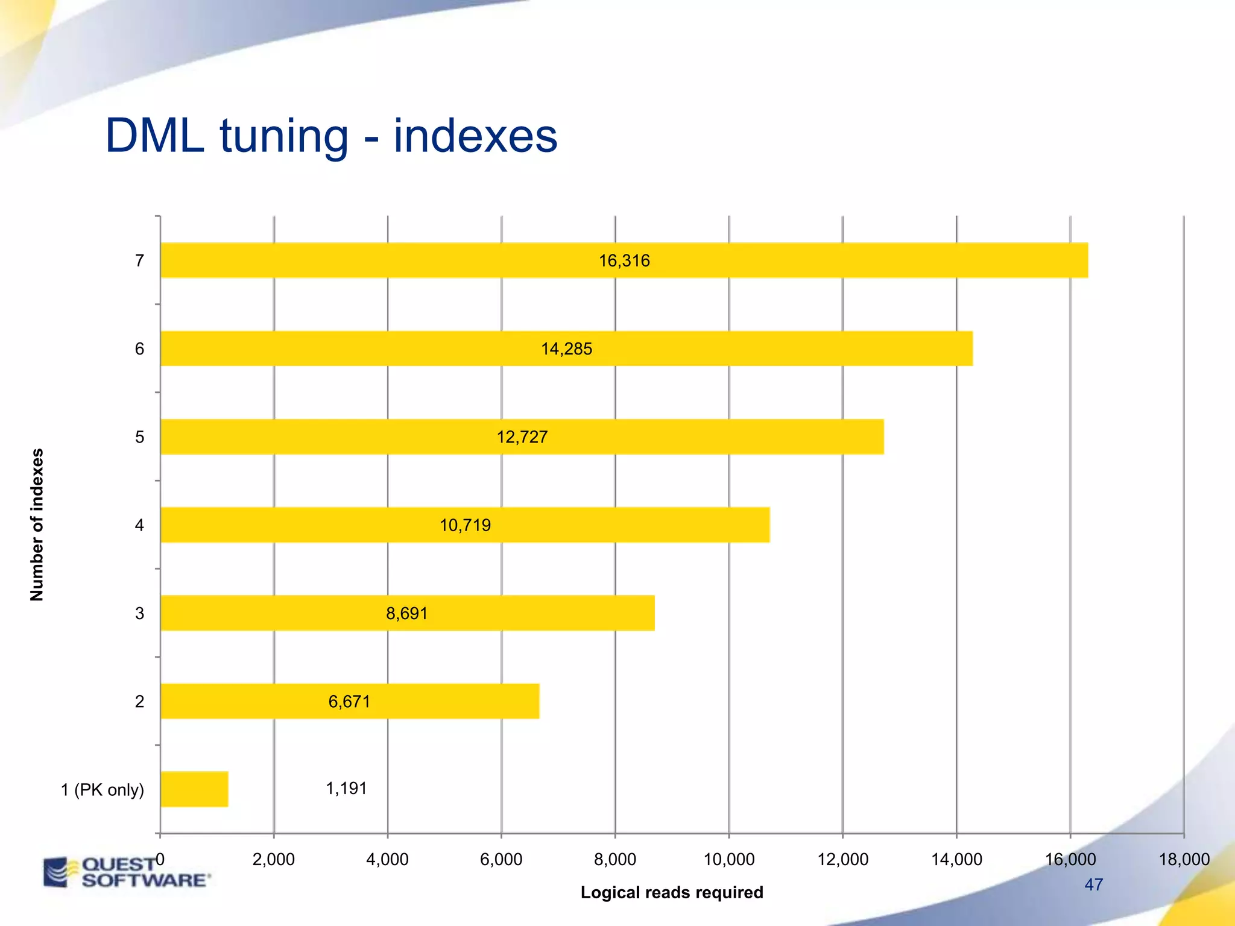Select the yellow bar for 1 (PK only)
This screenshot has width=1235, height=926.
click(194, 789)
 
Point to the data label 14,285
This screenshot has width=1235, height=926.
click(566, 349)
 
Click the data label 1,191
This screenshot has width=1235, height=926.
click(346, 789)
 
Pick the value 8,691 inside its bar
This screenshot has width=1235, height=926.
click(406, 614)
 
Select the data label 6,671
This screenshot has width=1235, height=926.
click(349, 702)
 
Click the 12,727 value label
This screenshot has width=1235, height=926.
click(522, 437)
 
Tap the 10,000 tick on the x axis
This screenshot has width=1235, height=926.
click(728, 859)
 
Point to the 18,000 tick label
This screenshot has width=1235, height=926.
click(1184, 859)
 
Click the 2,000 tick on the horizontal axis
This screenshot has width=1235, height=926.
click(273, 859)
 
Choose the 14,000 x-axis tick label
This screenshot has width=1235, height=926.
click(956, 859)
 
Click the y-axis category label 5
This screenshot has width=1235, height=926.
click(139, 437)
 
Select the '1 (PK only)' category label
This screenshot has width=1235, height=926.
click(103, 790)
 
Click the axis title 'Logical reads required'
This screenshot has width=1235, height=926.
click(671, 892)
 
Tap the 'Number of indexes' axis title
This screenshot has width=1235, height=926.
click(37, 524)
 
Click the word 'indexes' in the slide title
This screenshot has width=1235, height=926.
click(475, 136)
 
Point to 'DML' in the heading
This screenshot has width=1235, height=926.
click(154, 136)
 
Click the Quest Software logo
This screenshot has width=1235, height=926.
click(127, 872)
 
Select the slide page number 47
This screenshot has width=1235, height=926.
click(1093, 884)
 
